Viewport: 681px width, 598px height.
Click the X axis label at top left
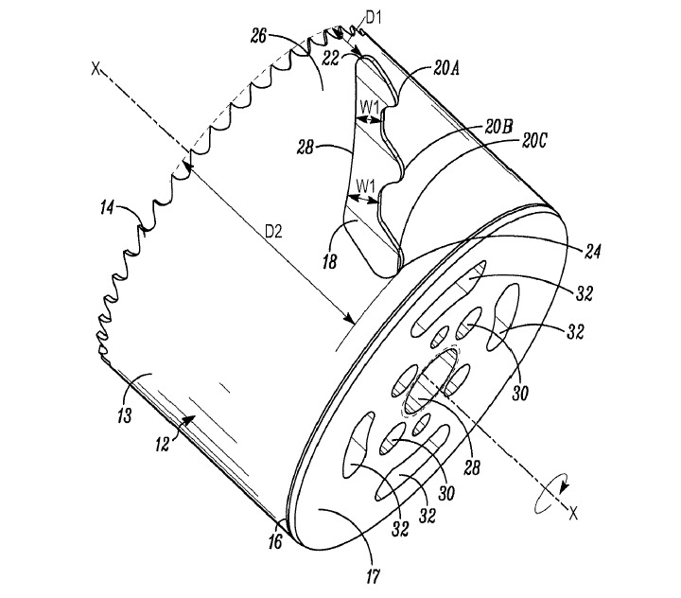[x=94, y=68]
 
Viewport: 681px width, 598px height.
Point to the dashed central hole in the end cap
[x=433, y=380]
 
